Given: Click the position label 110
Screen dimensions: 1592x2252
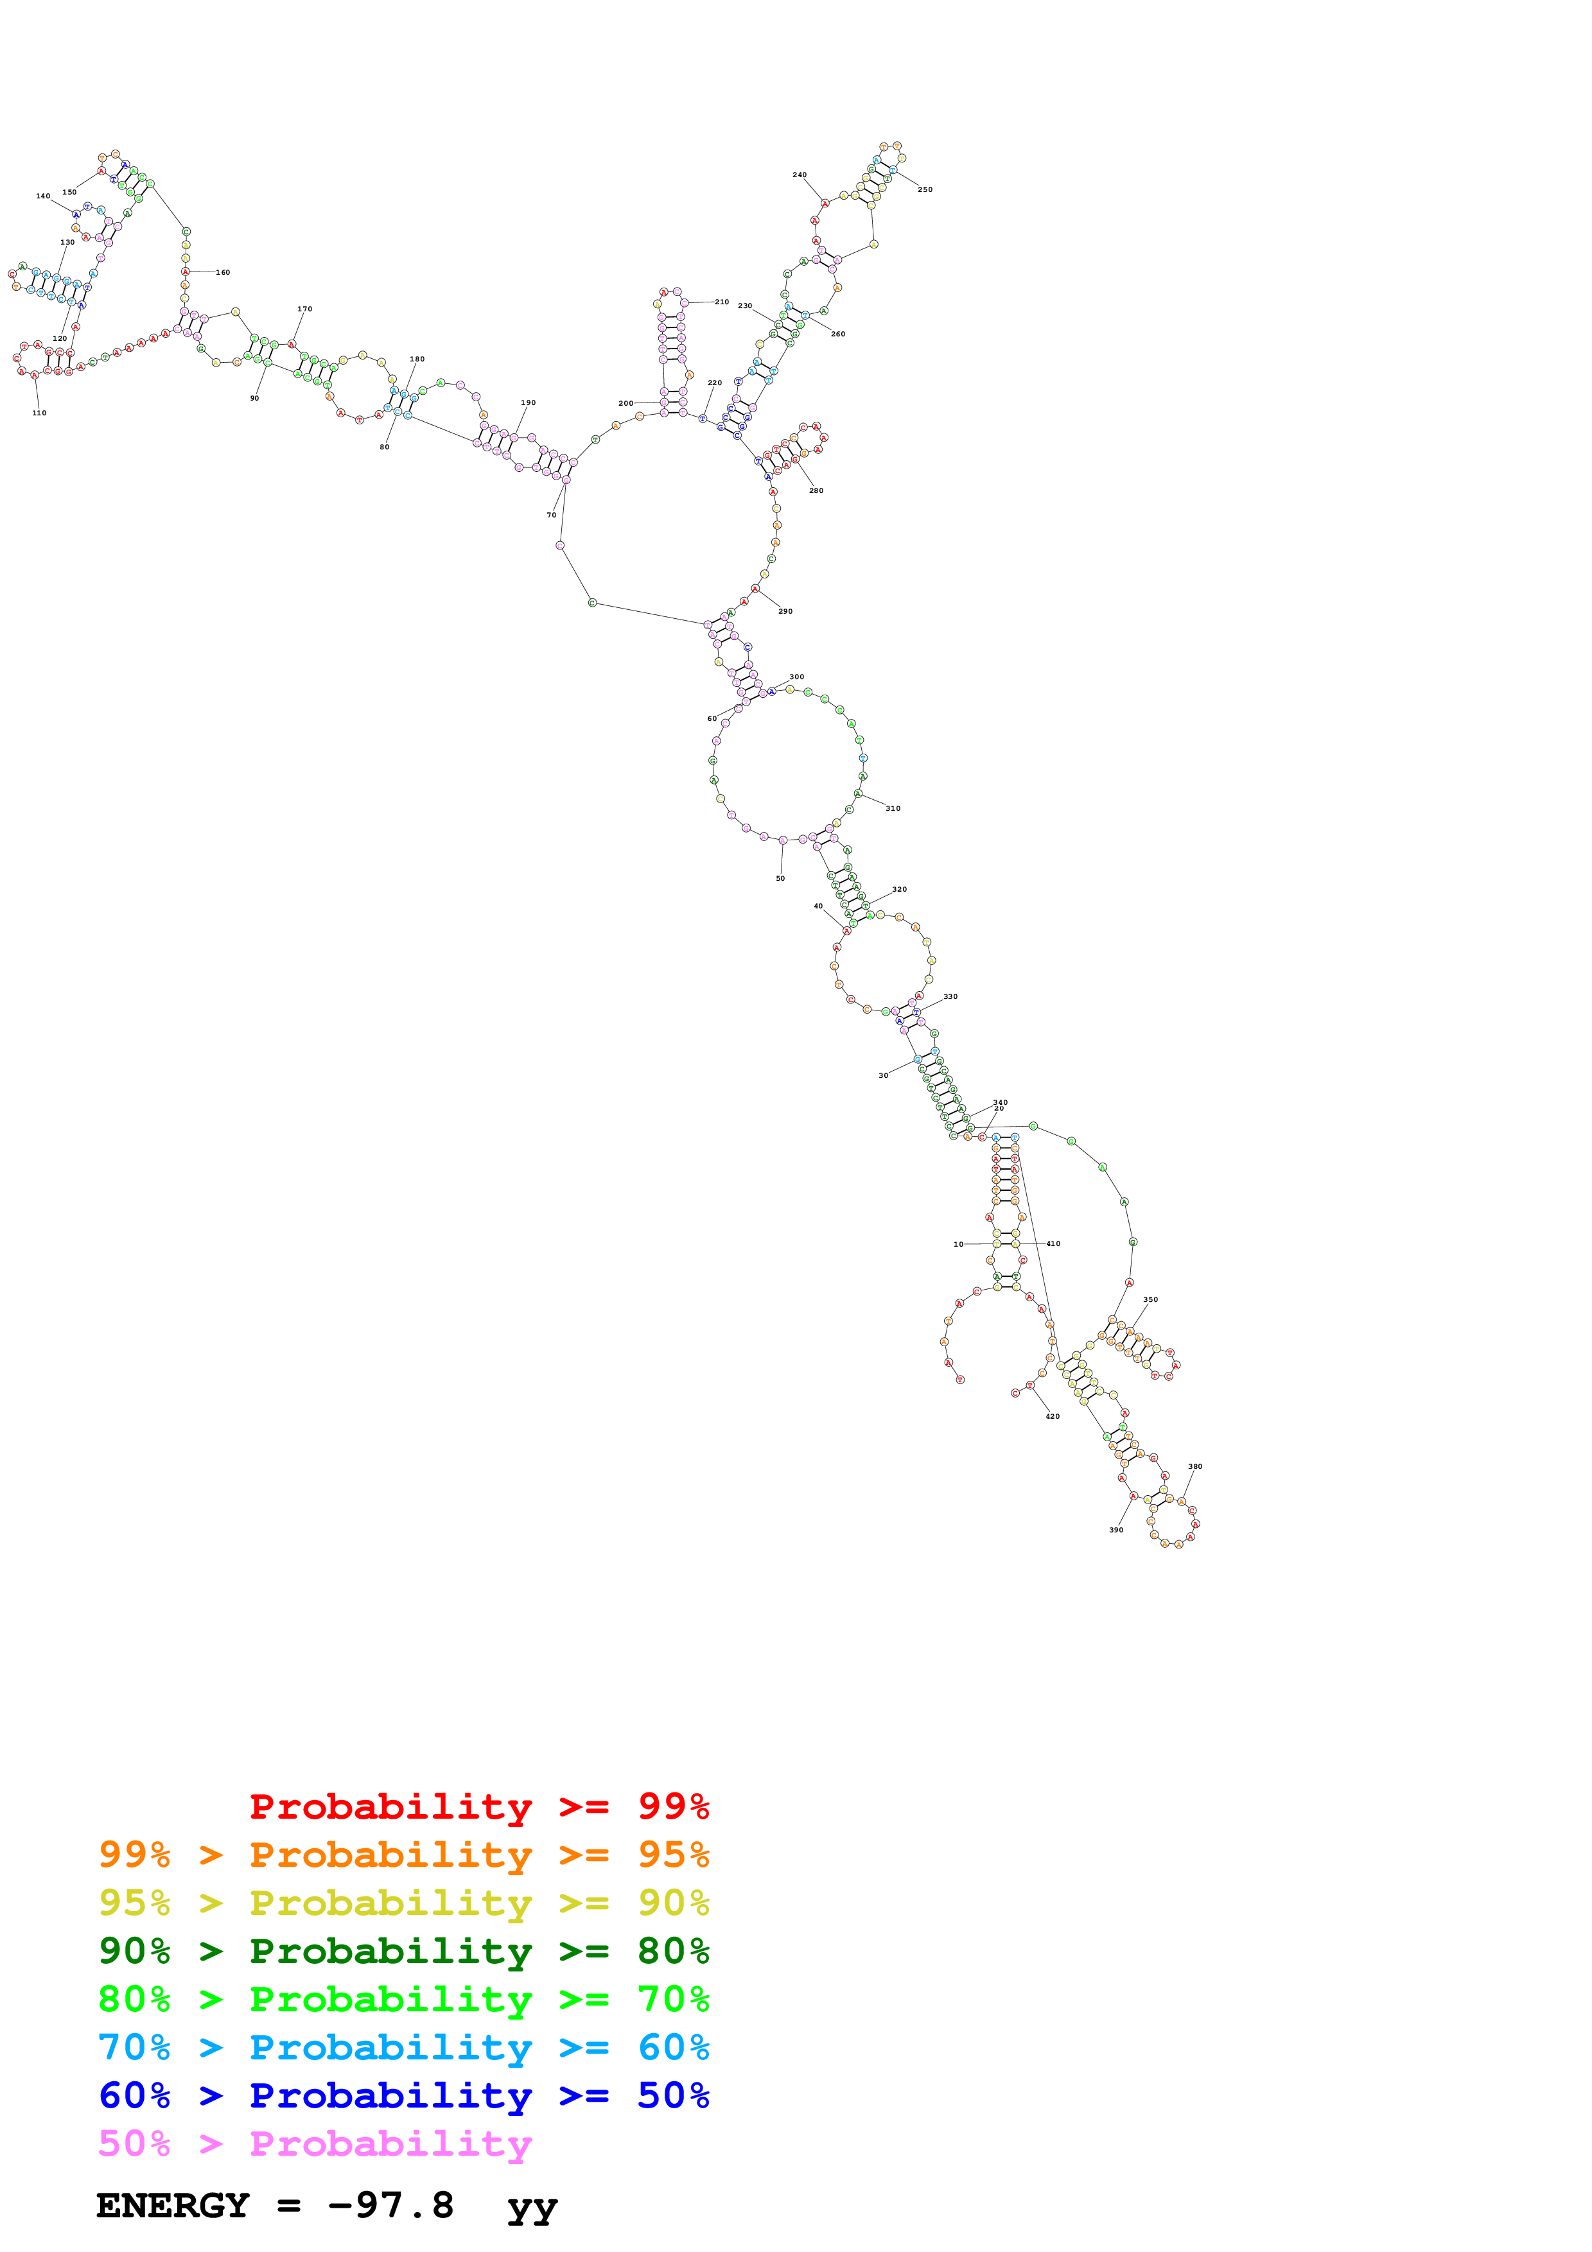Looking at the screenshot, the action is tap(39, 413).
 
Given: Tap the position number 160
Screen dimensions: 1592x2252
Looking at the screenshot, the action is tap(223, 273).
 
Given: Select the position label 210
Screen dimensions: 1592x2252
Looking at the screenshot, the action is tap(721, 302).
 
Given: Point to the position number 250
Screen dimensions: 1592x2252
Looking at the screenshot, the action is tap(925, 189).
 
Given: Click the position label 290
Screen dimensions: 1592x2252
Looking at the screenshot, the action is tap(785, 611).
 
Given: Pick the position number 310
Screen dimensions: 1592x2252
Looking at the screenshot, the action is tap(893, 808).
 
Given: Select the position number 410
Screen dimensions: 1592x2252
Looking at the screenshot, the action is tap(1053, 1243).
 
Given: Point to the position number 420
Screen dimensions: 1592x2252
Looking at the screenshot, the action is tap(1053, 1416).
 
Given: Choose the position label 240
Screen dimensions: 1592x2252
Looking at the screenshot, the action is tap(800, 175).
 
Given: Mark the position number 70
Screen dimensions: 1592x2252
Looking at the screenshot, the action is tap(551, 515).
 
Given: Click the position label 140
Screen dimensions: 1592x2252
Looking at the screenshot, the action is tap(43, 196).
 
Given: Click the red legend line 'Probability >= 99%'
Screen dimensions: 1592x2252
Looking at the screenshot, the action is tap(478, 1806).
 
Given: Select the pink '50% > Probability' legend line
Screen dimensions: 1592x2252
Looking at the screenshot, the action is tap(314, 2144).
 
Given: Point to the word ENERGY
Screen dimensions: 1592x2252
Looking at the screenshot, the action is tap(171, 2206).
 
